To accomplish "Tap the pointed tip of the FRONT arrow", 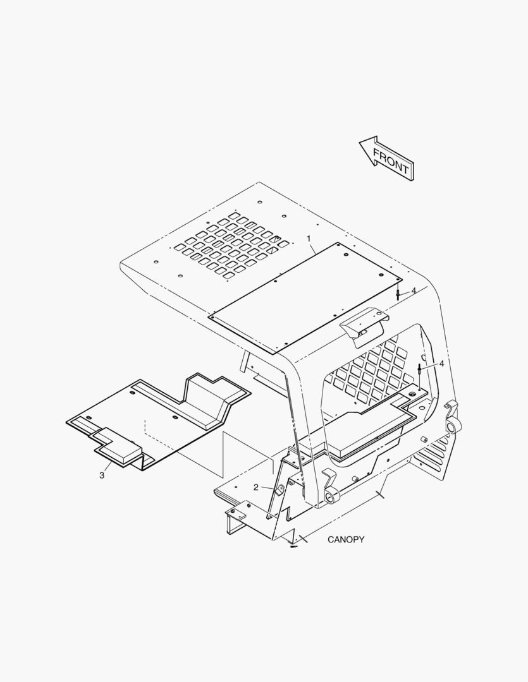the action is coord(359,141).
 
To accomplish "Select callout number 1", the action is coord(309,239).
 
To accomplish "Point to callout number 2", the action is coord(256,488).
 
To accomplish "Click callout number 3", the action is coord(102,476).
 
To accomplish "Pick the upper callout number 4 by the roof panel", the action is coord(414,290).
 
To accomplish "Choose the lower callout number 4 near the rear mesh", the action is coord(441,363).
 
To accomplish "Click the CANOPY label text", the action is coord(346,539).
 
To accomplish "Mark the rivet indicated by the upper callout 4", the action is coord(398,294).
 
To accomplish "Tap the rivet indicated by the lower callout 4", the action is coord(419,370).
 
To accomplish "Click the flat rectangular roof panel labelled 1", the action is coord(306,298).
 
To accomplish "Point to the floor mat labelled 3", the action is coord(157,417).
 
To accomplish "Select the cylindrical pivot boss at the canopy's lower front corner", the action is coord(333,496).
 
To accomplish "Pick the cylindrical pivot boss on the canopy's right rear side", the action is coord(451,426).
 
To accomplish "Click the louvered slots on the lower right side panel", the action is coord(431,452).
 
